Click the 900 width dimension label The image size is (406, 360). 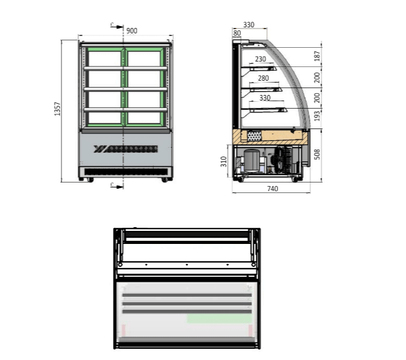click(132, 30)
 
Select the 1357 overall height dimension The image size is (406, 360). click(58, 110)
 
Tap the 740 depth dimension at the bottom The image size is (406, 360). click(271, 189)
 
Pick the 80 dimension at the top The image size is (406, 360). click(237, 33)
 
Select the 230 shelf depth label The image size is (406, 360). click(260, 59)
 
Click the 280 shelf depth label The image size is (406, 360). click(263, 78)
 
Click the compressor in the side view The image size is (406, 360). click(252, 160)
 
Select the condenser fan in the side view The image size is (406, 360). click(282, 160)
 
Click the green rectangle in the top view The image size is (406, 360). click(219, 318)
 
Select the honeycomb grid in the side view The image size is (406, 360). click(254, 135)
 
